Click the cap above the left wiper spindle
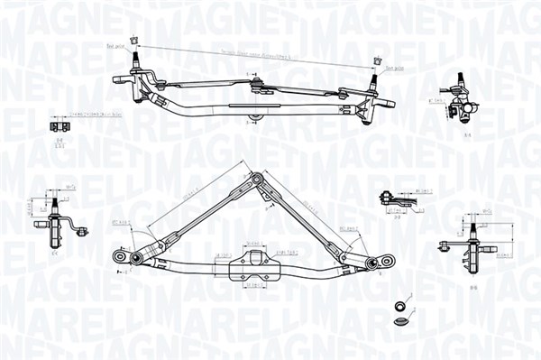pyautogui.click(x=134, y=39)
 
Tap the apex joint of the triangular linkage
pyautogui.click(x=258, y=180)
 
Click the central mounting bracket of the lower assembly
pyautogui.click(x=248, y=263)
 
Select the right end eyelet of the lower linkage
pyautogui.click(x=388, y=261)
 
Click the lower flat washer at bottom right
pyautogui.click(x=402, y=320)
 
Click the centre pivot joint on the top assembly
pyautogui.click(x=260, y=88)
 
